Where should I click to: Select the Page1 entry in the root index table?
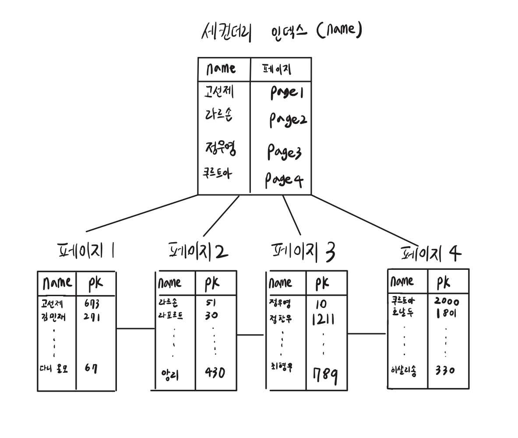(x=286, y=92)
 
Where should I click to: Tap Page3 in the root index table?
(x=284, y=152)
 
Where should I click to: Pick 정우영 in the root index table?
(x=220, y=148)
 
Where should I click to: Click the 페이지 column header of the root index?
(x=277, y=70)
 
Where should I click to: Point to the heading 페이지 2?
(x=198, y=251)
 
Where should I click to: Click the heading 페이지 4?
(x=431, y=253)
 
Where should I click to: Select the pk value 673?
(x=92, y=303)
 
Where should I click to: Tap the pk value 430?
(x=215, y=373)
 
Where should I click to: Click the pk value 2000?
(x=447, y=301)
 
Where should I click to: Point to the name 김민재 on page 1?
(x=52, y=317)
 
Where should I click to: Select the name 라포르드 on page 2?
(x=170, y=315)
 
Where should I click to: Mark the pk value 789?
(x=324, y=375)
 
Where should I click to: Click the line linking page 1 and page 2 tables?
(x=135, y=328)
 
